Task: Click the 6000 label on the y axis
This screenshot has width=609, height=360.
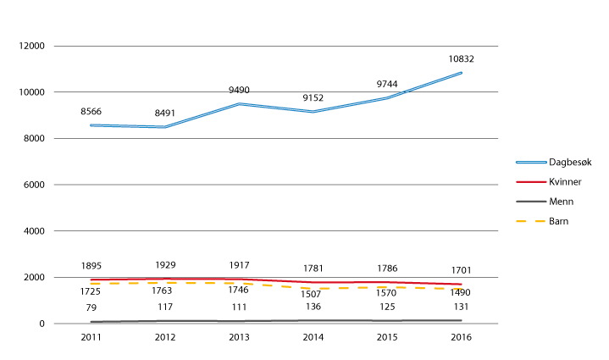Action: pyautogui.click(x=34, y=185)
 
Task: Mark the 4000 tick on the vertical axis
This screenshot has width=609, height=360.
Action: pyautogui.click(x=34, y=231)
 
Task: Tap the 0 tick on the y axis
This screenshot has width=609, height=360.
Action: pyautogui.click(x=42, y=324)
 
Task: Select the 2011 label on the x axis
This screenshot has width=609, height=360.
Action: pyautogui.click(x=90, y=337)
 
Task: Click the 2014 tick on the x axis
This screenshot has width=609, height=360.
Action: pyautogui.click(x=313, y=337)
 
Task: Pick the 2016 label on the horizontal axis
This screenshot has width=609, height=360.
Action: pyautogui.click(x=461, y=337)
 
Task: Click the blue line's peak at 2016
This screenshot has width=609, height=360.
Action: pyautogui.click(x=461, y=73)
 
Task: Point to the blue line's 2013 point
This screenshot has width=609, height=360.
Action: pyautogui.click(x=238, y=104)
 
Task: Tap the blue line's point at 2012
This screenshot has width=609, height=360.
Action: pyautogui.click(x=164, y=127)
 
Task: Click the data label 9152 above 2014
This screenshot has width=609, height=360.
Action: pyautogui.click(x=313, y=98)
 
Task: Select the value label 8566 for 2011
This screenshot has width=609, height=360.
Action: pyautogui.click(x=90, y=110)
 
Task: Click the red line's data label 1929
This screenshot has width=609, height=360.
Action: pyautogui.click(x=164, y=265)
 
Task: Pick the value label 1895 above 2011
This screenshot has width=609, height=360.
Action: pyautogui.click(x=90, y=266)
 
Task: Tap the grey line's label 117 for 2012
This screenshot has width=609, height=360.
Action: pyautogui.click(x=164, y=306)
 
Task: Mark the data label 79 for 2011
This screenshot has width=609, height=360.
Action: pyautogui.click(x=90, y=306)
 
